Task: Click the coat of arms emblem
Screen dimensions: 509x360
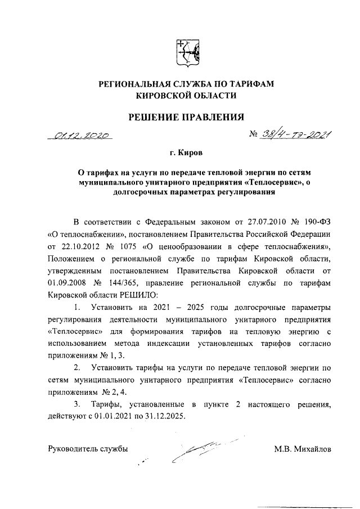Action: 186,52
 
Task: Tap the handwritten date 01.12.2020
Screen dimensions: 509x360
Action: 80,136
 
